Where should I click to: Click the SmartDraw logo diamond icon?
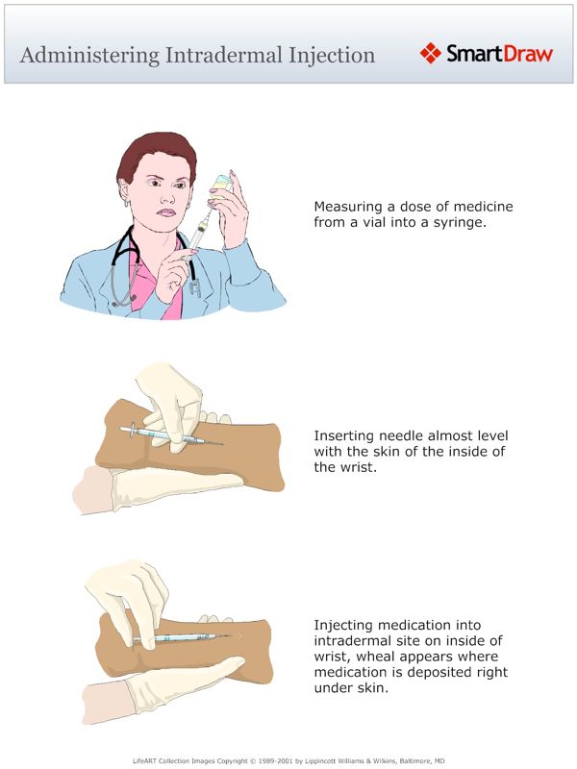click(x=430, y=53)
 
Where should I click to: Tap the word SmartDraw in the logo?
click(x=500, y=53)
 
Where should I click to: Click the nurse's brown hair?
click(x=154, y=154)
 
